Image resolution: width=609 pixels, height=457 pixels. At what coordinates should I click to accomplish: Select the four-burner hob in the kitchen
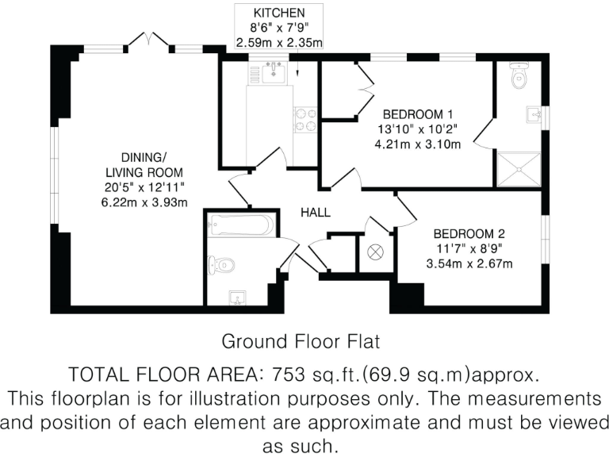click(x=305, y=119)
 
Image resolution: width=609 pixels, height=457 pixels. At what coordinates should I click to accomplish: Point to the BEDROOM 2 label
click(x=469, y=234)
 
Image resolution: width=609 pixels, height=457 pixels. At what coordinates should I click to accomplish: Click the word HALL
click(x=315, y=213)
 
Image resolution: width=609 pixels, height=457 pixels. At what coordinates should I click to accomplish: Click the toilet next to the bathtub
click(x=221, y=265)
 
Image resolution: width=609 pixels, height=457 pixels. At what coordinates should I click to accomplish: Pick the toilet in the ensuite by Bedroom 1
click(x=519, y=77)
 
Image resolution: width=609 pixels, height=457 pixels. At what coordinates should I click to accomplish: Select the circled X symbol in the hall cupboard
click(x=376, y=252)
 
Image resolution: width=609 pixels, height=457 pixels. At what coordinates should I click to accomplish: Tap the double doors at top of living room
click(x=150, y=40)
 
